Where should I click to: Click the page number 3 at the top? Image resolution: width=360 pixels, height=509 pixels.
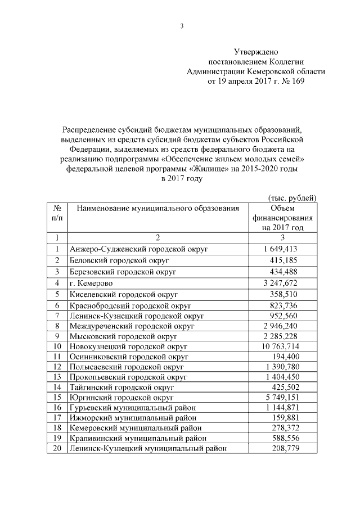[x=182, y=26]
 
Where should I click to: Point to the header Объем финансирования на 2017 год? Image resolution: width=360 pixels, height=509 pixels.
[x=282, y=218]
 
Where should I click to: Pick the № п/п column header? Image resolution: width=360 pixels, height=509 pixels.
[x=57, y=213]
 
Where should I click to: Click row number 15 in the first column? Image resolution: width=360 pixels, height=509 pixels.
[x=57, y=398]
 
